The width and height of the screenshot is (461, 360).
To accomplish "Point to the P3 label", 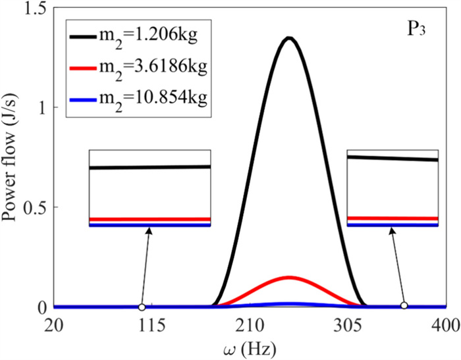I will coord(419,30).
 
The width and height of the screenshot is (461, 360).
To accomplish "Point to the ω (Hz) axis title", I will coord(250,347).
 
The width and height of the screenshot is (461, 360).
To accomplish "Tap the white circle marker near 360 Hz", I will coord(404,306).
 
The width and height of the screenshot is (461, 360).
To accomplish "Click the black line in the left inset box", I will coord(149,167).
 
